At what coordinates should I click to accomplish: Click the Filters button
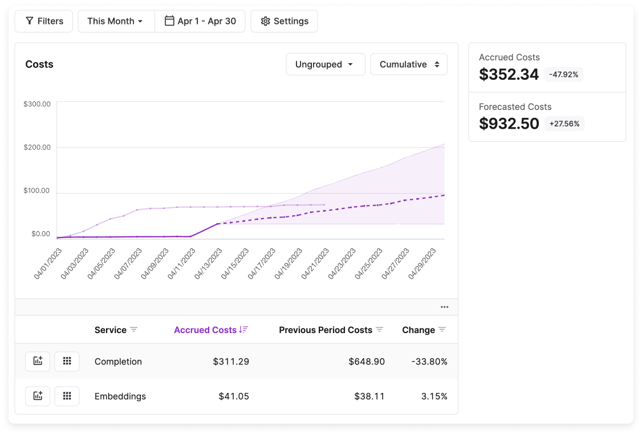click(44, 21)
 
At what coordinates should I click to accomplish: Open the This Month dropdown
click(116, 21)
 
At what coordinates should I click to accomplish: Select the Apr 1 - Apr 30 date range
click(200, 21)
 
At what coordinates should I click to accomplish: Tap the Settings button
click(284, 21)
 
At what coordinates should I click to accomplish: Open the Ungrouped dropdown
click(325, 64)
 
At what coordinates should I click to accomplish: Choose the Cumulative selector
click(409, 64)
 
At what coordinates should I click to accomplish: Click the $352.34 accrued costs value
click(509, 75)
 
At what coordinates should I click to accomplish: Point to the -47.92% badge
click(564, 75)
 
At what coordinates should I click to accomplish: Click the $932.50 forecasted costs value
click(509, 124)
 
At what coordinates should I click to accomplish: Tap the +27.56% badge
click(564, 124)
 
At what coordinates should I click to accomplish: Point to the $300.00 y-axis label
click(37, 104)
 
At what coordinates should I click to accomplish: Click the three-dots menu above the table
click(444, 307)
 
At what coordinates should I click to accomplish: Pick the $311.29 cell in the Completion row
click(231, 362)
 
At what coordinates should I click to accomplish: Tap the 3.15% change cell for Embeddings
click(435, 396)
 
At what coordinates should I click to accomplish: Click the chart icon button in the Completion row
click(38, 362)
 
